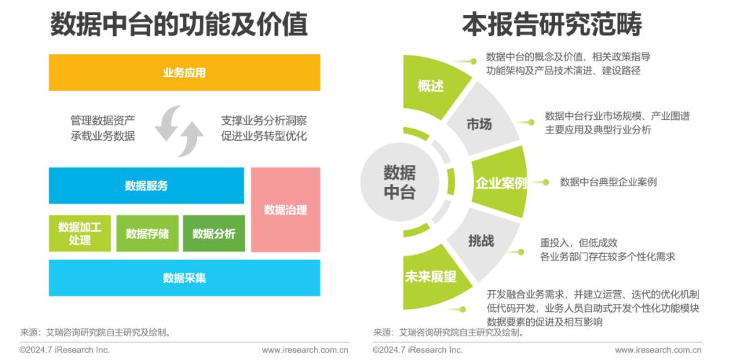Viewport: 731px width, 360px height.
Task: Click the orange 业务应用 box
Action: coord(184,72)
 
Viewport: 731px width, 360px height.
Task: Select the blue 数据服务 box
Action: coord(146,185)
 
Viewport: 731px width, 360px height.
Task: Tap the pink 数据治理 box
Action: coord(286,210)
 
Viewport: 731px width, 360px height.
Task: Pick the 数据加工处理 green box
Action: coord(80,233)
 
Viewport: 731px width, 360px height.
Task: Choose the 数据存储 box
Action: coord(148,233)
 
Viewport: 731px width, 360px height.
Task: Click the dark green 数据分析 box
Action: coord(213,233)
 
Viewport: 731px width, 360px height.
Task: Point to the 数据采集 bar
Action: coord(184,278)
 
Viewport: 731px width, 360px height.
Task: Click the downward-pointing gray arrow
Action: coord(167,122)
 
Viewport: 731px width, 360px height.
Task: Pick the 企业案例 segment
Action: coord(500,182)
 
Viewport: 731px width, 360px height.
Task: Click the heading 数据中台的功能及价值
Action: coord(179,24)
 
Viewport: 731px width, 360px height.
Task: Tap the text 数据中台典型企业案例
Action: coord(608,182)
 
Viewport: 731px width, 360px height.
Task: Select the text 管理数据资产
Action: coord(103,121)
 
